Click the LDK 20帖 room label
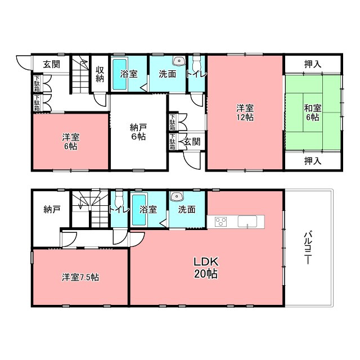tap(206, 268)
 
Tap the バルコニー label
tap(308, 248)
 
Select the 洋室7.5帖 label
tap(80, 277)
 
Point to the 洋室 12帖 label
tap(245, 112)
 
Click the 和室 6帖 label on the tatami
tap(313, 112)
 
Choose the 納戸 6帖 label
tap(138, 132)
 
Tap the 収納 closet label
tap(100, 74)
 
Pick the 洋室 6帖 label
tap(71, 142)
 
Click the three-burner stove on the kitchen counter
tap(221, 222)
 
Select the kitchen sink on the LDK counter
tap(247, 222)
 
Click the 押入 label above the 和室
tap(313, 64)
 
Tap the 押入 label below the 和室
tap(313, 161)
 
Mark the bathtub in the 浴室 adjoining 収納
tap(119, 74)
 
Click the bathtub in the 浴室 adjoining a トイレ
tap(139, 210)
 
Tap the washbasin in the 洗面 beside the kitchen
tap(176, 196)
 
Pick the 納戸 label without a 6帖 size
tap(52, 209)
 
